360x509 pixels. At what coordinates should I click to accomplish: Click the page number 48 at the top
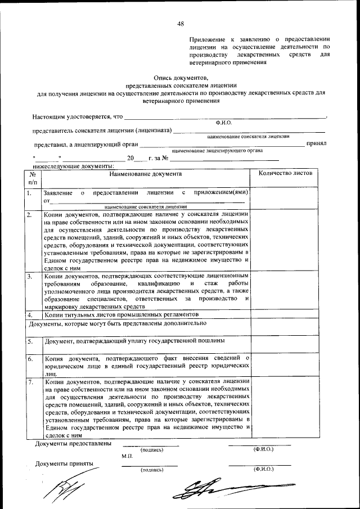coord(181,23)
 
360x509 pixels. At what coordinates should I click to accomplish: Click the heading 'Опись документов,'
coord(181,78)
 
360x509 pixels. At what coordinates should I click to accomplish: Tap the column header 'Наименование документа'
coord(146,174)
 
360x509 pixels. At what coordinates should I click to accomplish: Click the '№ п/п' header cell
coord(33,178)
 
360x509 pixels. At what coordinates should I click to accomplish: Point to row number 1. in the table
coord(29,193)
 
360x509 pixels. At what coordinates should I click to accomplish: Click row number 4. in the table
coord(29,314)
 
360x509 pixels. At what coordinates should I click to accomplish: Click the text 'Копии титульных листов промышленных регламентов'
coord(121,314)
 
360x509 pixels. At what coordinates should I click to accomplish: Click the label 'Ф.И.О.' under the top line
coord(223,122)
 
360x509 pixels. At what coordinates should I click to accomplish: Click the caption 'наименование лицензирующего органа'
coord(218,151)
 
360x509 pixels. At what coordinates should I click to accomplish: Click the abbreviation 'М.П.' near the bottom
coord(127,457)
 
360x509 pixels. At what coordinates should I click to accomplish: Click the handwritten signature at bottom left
coord(59,488)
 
